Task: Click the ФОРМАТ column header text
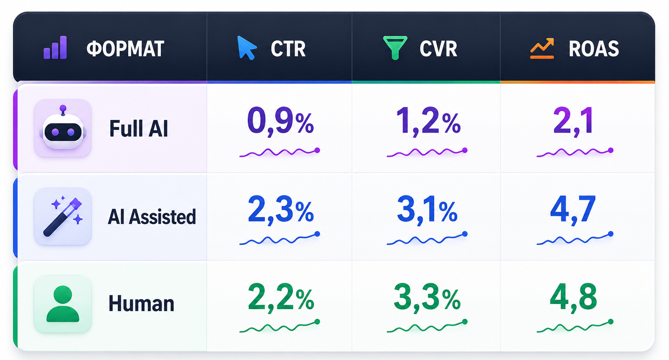point(125,49)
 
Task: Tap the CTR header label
point(288,49)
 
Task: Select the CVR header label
point(438,49)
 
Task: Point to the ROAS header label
point(594,49)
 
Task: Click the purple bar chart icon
point(55,47)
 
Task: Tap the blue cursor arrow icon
point(247,48)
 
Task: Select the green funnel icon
point(395,48)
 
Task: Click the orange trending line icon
point(542,49)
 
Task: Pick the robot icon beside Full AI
point(63,128)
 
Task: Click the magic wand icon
point(63,216)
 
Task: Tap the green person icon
point(63,304)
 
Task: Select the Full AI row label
point(138,128)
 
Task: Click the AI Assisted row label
point(152,217)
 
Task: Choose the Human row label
point(141,304)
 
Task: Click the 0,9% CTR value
point(280,122)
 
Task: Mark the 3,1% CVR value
point(427,210)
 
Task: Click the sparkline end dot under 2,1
point(611,150)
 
